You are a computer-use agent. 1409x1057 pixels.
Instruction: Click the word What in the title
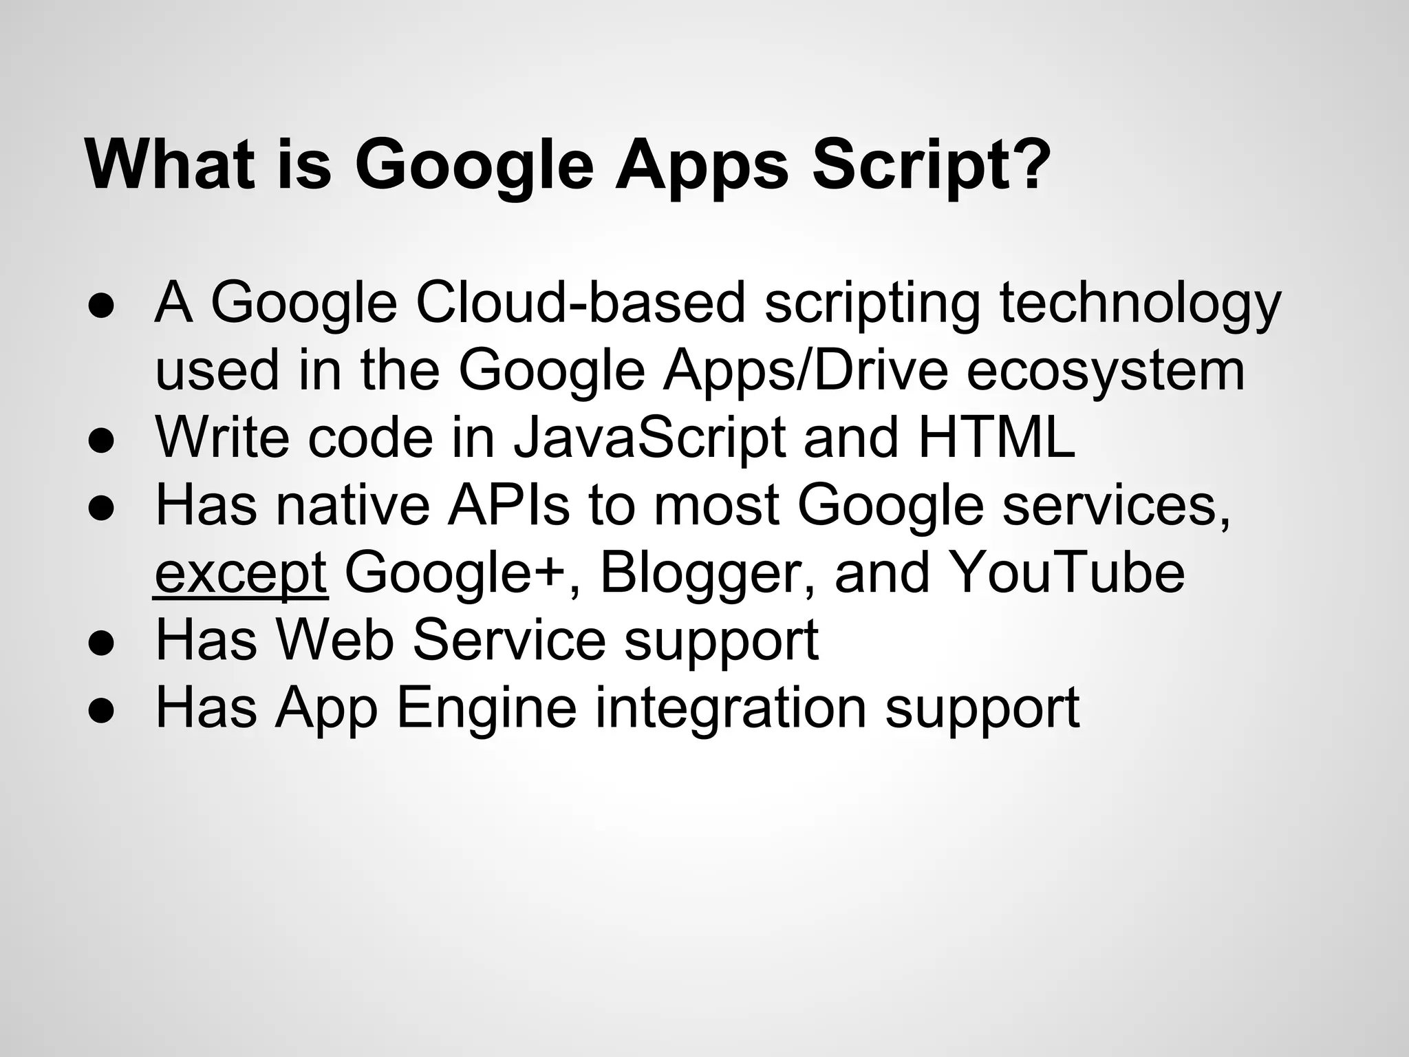(176, 165)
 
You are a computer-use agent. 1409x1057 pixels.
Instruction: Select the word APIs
(509, 504)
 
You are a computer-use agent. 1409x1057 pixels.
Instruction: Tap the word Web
(335, 639)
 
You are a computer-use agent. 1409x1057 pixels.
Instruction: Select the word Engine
(486, 708)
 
